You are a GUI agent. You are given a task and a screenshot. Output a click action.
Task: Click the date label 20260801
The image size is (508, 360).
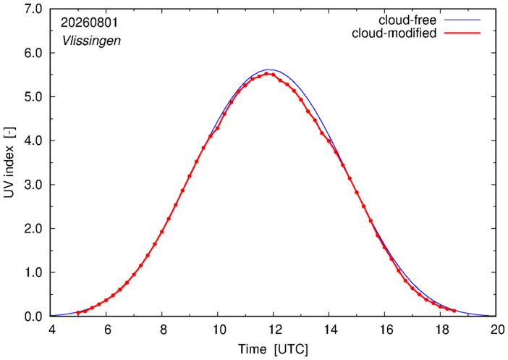89,22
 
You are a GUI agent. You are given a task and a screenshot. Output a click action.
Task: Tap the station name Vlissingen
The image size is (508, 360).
91,41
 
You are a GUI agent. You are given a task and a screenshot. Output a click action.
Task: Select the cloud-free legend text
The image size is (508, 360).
407,20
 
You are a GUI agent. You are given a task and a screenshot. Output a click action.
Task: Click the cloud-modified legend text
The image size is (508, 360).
394,33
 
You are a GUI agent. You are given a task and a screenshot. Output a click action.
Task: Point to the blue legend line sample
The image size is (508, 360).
462,20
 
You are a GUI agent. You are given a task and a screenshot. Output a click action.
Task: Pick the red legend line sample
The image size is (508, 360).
462,33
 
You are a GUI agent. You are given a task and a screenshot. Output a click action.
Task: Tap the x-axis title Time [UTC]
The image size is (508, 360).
273,350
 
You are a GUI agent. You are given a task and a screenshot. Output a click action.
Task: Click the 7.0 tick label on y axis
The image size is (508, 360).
33,9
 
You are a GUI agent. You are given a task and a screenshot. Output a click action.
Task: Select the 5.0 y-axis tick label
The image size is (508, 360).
33,96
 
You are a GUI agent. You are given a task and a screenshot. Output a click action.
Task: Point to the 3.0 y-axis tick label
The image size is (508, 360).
33,185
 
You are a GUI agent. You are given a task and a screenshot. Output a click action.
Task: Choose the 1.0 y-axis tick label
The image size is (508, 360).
33,272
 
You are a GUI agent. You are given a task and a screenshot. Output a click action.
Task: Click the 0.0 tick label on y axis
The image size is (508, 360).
33,317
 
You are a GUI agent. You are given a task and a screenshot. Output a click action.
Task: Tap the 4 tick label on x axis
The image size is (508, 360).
52,330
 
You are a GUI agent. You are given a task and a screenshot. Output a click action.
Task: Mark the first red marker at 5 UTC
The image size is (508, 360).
78,313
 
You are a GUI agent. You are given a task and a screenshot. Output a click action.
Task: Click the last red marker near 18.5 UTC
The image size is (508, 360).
454,311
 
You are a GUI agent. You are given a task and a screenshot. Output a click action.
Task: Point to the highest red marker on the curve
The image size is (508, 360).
266,74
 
